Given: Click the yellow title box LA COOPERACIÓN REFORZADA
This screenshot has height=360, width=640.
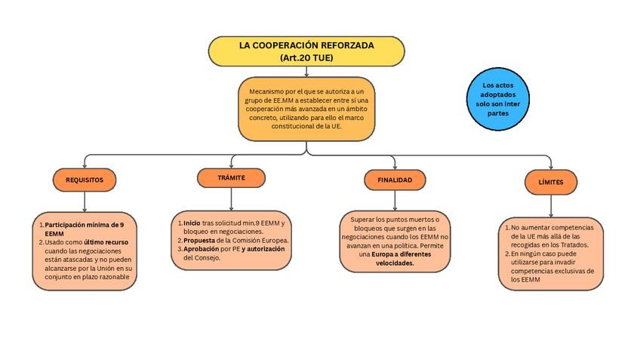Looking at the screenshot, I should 306,51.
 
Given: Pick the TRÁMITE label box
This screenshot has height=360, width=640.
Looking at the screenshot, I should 231,177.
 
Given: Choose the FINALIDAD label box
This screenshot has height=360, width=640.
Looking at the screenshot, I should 395,180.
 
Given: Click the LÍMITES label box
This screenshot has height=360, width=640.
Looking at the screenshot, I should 550,182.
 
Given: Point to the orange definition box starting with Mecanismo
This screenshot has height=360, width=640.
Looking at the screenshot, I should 306,109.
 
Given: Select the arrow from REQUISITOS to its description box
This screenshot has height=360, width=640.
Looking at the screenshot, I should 85,202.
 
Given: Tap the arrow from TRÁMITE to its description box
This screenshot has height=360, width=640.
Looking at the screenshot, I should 231,198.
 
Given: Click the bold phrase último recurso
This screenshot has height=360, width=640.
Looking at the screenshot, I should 106,242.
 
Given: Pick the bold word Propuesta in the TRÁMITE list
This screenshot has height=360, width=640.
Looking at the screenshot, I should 200,240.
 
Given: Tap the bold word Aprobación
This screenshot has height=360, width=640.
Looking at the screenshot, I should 202,248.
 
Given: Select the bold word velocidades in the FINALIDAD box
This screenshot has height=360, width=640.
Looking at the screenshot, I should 395,263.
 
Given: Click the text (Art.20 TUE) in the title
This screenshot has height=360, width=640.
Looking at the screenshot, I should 306,57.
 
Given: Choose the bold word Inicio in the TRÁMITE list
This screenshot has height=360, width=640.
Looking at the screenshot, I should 192,223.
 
